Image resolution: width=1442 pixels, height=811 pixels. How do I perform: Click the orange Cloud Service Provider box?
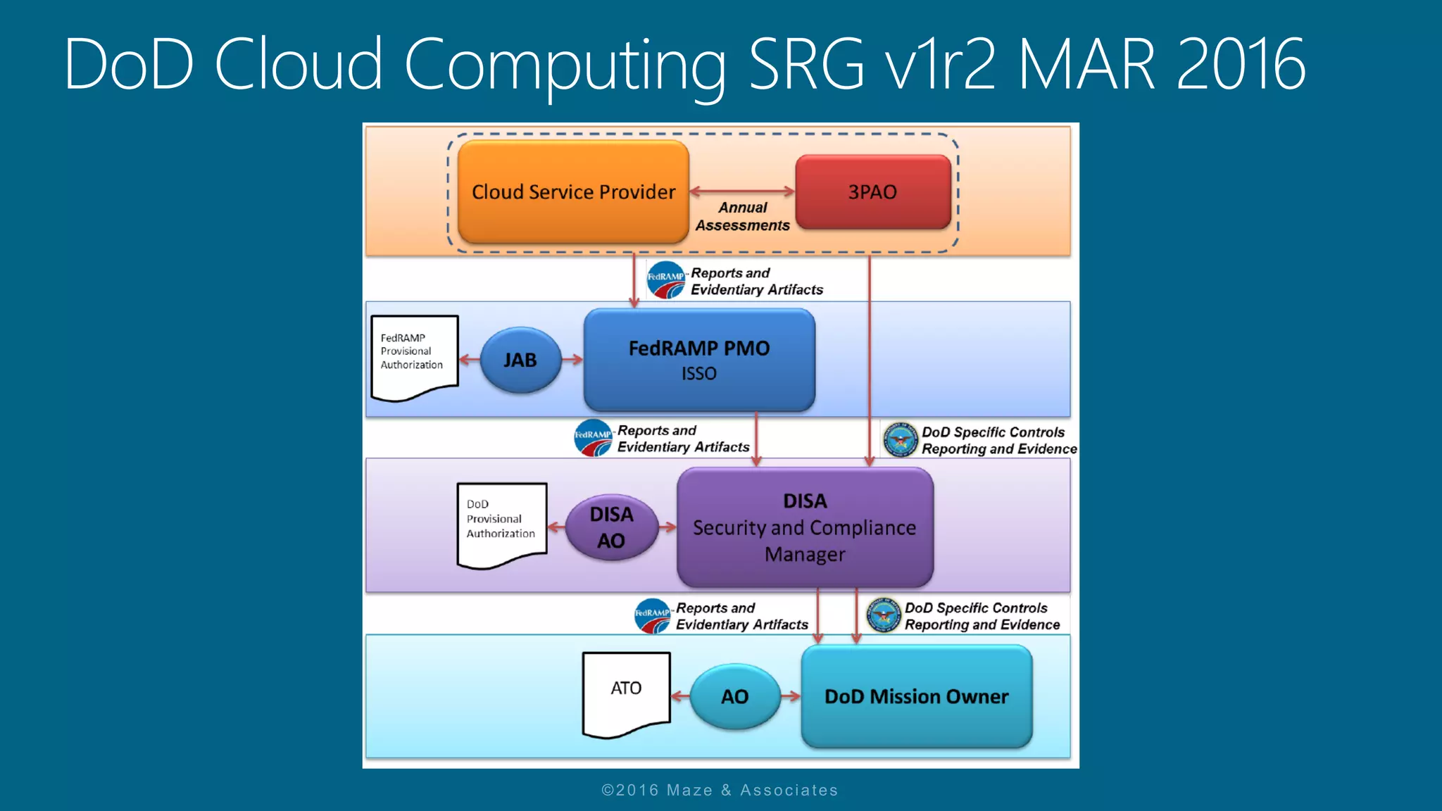click(x=573, y=191)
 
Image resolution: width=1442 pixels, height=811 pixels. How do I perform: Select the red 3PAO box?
click(x=872, y=191)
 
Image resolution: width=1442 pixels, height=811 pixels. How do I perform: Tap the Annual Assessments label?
click(x=742, y=216)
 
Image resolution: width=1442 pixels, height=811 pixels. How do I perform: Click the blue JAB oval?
click(x=520, y=360)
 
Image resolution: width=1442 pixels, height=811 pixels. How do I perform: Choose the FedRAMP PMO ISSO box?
click(x=699, y=360)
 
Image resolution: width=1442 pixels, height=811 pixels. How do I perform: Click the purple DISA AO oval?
click(x=611, y=527)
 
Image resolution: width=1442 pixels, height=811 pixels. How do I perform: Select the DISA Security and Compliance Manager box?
click(x=805, y=527)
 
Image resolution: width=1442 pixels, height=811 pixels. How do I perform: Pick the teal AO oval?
click(x=734, y=696)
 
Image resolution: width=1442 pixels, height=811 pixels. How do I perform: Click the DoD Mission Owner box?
click(x=916, y=696)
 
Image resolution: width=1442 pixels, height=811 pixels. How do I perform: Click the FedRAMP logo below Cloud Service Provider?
click(x=665, y=280)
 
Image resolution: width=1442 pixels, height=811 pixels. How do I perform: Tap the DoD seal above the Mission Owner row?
click(x=884, y=615)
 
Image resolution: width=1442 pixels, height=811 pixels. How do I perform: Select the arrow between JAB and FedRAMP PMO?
click(x=572, y=360)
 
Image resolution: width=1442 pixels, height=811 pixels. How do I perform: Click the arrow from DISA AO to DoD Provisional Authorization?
click(x=557, y=527)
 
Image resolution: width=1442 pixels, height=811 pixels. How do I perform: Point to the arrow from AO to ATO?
click(x=680, y=696)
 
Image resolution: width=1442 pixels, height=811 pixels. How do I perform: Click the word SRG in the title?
click(x=806, y=64)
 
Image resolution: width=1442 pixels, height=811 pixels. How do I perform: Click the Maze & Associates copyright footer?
click(x=720, y=790)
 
